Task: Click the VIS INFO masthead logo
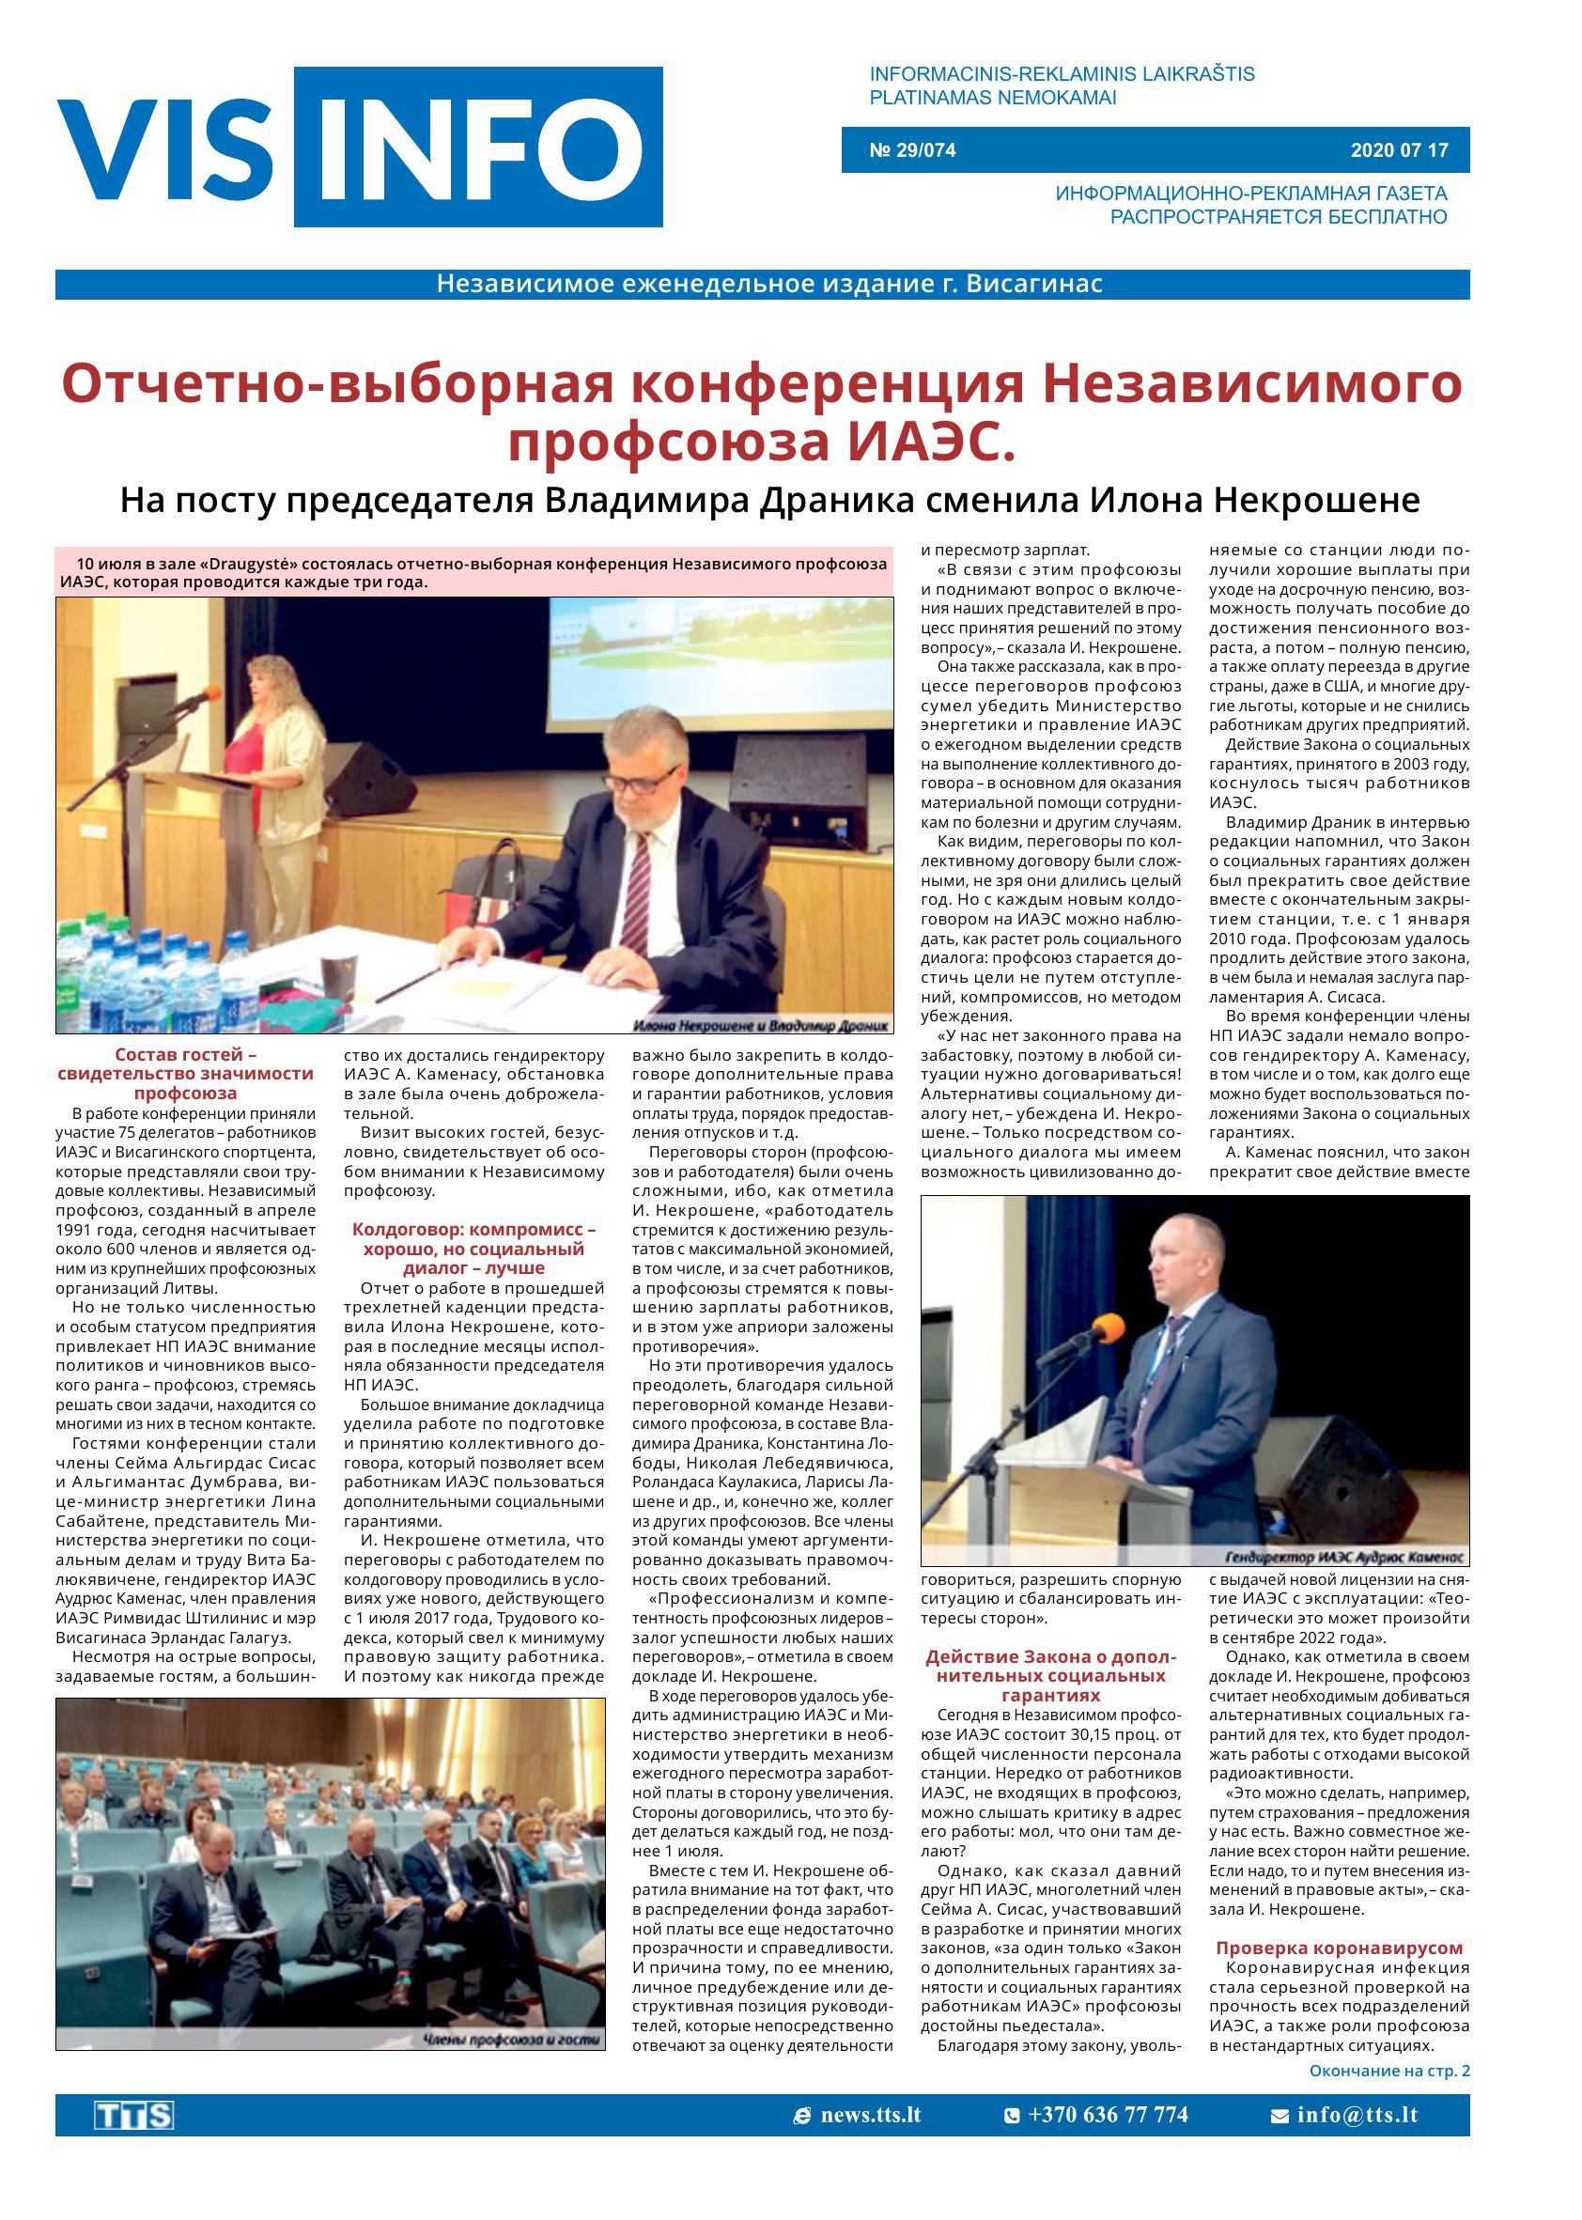coord(360,147)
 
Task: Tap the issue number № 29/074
coord(912,151)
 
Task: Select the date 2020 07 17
coord(1399,151)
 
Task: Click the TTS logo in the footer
coord(133,2116)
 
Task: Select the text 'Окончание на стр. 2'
coord(1388,2071)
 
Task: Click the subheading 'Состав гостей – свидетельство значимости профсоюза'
coord(185,1073)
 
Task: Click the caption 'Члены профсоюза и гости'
coord(512,2041)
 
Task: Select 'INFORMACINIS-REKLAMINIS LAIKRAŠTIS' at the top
coord(1062,74)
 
